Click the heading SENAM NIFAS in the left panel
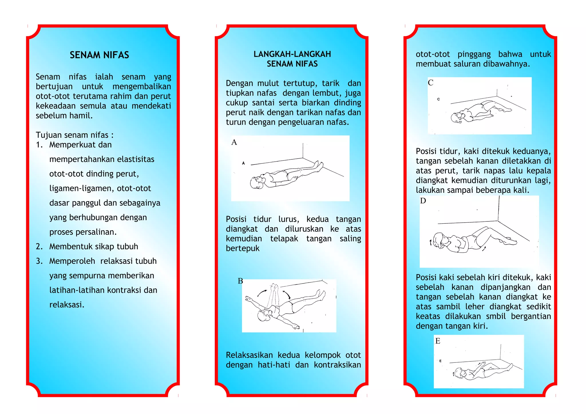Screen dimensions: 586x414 point(99,55)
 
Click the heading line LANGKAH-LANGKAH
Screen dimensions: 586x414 point(292,54)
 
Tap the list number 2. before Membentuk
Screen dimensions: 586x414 point(39,247)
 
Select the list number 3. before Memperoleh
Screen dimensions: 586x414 point(39,261)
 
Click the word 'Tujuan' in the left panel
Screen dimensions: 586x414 point(48,135)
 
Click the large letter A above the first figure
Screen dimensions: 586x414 point(234,142)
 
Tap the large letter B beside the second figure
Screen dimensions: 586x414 point(240,281)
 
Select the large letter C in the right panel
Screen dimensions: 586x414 point(431,83)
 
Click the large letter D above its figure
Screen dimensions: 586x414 point(423,201)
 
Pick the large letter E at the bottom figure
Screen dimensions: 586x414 point(438,341)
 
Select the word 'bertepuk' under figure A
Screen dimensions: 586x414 point(243,249)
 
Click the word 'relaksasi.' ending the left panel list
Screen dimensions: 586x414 point(67,305)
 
